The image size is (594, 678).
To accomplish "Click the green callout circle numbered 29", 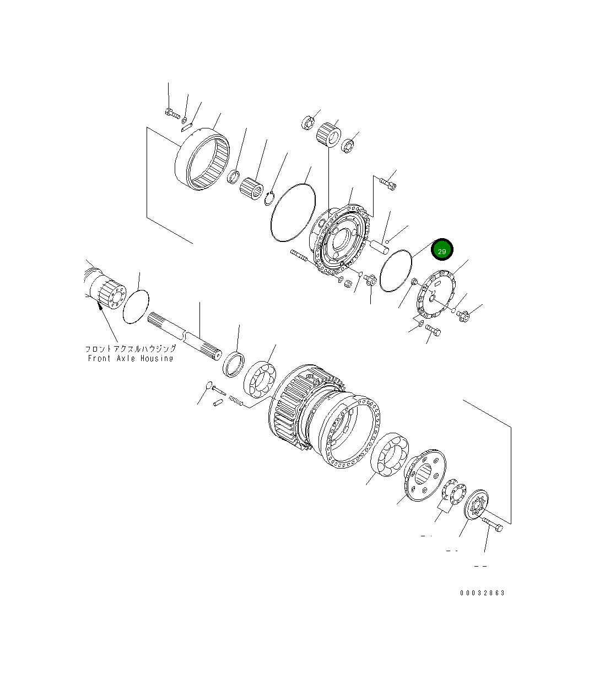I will click(x=441, y=250).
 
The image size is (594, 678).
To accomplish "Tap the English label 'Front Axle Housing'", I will click(x=131, y=358).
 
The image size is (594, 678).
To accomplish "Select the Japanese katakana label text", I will click(x=131, y=349).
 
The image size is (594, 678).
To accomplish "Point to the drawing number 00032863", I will click(x=482, y=593).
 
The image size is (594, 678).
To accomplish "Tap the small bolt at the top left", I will click(x=171, y=114).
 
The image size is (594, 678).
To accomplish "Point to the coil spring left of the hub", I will click(x=235, y=401).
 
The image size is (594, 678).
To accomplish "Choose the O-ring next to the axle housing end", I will click(x=136, y=306).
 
